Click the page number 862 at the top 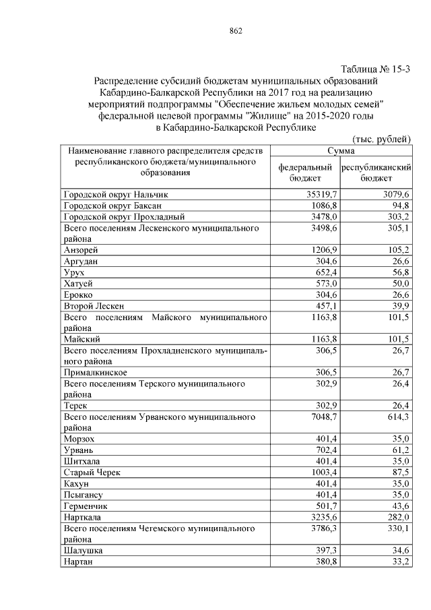235,31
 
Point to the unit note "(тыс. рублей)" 381,139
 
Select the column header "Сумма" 341,152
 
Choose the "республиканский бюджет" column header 376,173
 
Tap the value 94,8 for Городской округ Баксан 401,206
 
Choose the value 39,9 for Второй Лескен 401,306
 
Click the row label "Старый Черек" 92,473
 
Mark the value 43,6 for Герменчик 401,506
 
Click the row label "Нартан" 79,562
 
